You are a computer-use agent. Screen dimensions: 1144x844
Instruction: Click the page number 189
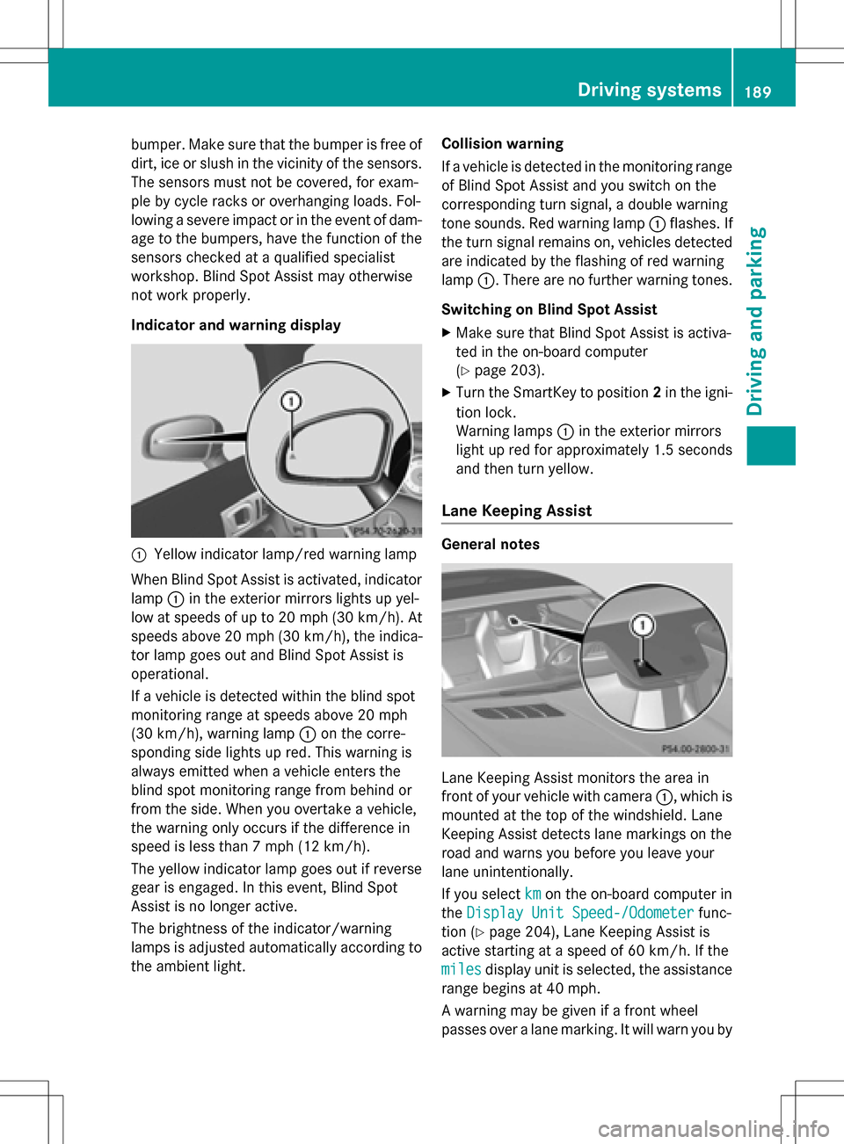tap(758, 91)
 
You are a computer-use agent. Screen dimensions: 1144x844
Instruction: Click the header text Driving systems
tap(649, 90)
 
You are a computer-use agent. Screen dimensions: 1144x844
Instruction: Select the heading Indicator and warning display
tap(236, 325)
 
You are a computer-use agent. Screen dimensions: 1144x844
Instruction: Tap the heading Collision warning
tap(502, 144)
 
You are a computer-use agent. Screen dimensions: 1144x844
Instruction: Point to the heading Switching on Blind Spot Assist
tap(549, 309)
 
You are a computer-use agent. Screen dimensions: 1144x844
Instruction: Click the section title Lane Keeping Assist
tap(516, 510)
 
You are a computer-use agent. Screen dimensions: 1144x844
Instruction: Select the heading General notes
tap(491, 545)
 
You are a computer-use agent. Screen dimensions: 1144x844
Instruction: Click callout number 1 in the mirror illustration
tap(291, 402)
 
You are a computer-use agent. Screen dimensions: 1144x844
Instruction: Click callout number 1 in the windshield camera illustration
tap(643, 625)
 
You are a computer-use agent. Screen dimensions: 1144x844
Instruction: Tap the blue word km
tap(533, 894)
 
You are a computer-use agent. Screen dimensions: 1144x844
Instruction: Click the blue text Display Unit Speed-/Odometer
tap(579, 913)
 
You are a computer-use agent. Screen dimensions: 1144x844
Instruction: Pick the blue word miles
tap(461, 969)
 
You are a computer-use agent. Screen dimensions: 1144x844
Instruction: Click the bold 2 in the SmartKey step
tap(657, 393)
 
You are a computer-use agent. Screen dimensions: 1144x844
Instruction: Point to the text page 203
tap(507, 370)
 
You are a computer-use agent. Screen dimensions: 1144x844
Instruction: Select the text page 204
tap(522, 931)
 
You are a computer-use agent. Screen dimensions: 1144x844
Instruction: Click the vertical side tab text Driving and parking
tap(755, 321)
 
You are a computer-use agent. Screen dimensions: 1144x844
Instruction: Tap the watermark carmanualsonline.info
tap(713, 1129)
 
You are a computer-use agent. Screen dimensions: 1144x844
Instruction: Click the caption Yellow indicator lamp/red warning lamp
tap(284, 554)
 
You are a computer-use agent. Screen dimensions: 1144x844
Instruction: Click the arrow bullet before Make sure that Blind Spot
tap(447, 333)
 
